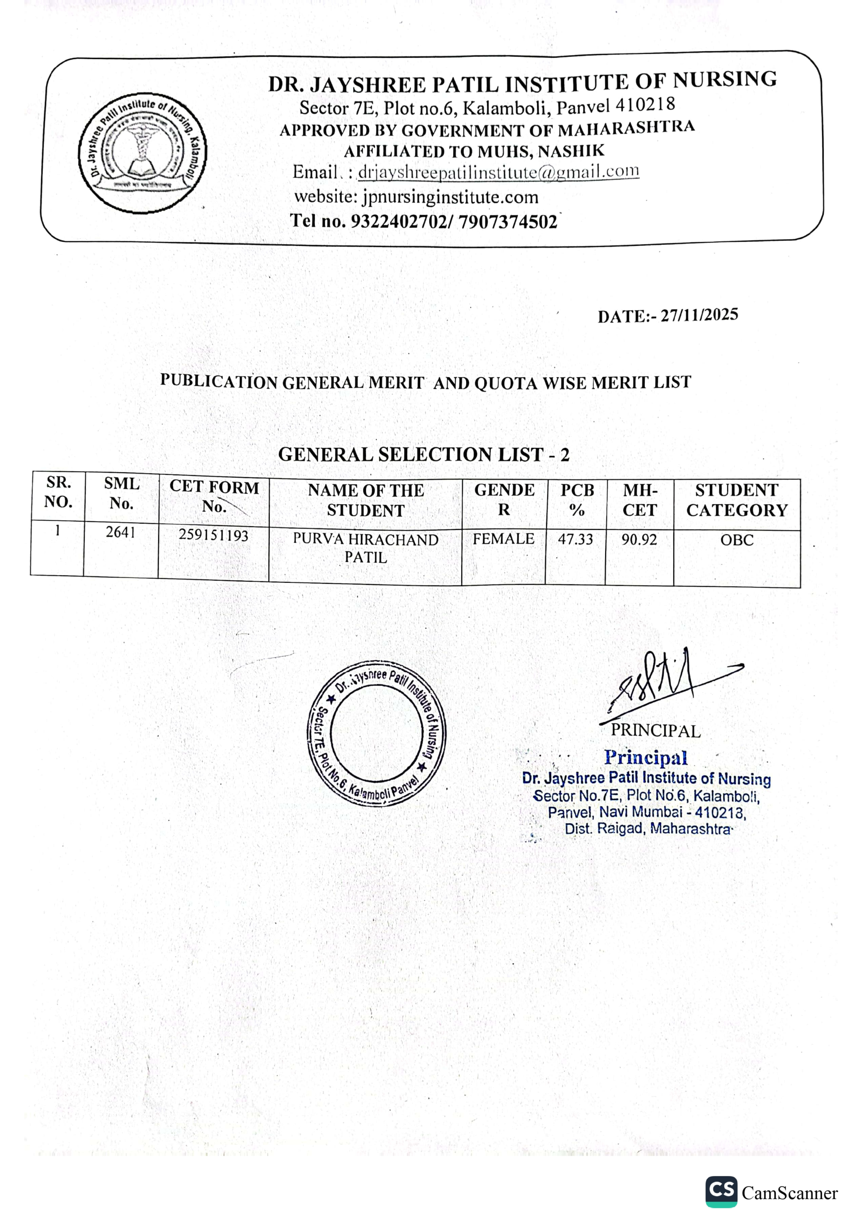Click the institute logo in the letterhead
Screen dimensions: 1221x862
[x=142, y=154]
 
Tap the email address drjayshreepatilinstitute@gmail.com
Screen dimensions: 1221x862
[x=498, y=172]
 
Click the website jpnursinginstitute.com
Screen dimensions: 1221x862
[x=450, y=197]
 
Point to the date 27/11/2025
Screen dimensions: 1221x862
[x=699, y=315]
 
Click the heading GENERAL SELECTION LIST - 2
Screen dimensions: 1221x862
[x=424, y=455]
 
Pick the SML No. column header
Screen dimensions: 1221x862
[x=122, y=493]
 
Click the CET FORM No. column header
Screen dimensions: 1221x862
[x=214, y=496]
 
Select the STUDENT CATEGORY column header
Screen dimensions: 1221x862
[x=737, y=500]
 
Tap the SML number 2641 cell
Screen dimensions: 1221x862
[x=121, y=532]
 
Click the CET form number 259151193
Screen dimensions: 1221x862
[x=213, y=535]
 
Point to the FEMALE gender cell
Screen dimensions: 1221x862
[x=503, y=538]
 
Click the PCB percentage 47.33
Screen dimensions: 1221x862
[x=575, y=539]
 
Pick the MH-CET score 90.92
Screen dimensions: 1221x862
[x=639, y=540]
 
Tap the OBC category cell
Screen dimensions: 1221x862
[x=737, y=540]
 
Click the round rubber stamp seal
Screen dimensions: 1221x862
[x=377, y=734]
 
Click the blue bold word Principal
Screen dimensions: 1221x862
[x=646, y=757]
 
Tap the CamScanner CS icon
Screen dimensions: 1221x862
[x=721, y=1191]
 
